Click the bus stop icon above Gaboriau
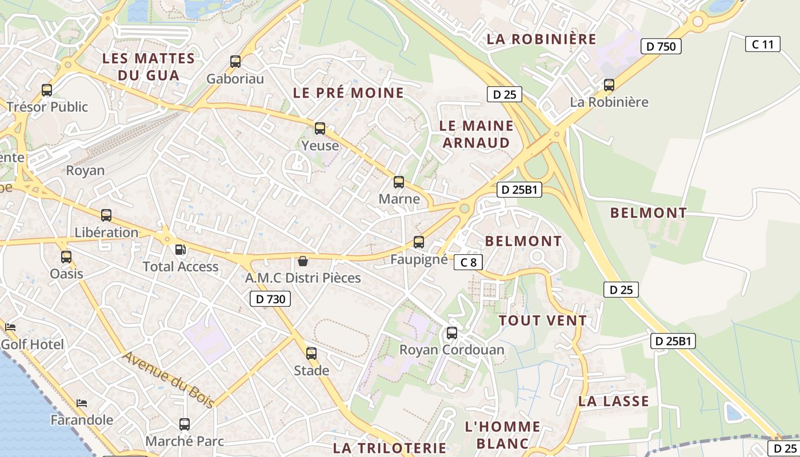pos(235,62)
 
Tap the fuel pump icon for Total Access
pos(180,250)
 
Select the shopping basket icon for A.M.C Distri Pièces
pos(303,261)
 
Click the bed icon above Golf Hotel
pos(10,327)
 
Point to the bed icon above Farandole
pos(82,403)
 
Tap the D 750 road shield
pos(661,46)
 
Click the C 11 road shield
pos(762,44)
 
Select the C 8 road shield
pos(468,262)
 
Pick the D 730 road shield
pos(270,298)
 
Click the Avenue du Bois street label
pos(169,379)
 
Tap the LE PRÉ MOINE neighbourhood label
pos(349,93)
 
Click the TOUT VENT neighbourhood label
pos(543,320)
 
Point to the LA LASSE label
pos(614,401)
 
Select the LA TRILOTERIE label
pos(389,448)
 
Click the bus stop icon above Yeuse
pos(320,129)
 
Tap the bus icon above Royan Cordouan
pos(452,332)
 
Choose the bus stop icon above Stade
pos(311,353)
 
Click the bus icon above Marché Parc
pos(184,424)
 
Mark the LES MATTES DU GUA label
pos(149,66)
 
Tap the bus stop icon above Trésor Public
pos(47,90)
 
